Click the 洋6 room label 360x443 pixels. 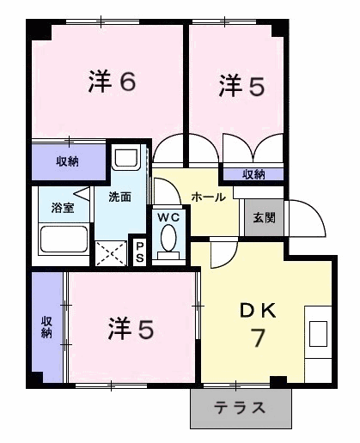pos(112,82)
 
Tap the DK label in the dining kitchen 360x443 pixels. pos(258,311)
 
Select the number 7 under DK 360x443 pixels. pos(258,337)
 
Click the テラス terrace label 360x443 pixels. pos(240,408)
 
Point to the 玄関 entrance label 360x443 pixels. pos(264,218)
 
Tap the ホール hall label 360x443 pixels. pos(209,197)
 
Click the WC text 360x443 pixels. pos(168,217)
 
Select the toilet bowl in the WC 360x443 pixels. pos(168,238)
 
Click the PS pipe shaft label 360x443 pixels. pos(139,252)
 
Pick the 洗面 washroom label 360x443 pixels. pos(120,197)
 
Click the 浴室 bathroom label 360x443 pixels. pos(63,208)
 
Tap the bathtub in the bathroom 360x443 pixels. pos(64,240)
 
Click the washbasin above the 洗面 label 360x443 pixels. pos(126,157)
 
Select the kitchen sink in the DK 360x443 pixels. pos(318,334)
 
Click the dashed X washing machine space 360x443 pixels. pos(111,253)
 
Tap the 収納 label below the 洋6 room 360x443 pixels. pos(67,161)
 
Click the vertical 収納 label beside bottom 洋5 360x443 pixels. pos(46,327)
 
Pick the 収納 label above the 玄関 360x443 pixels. pos(253,174)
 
